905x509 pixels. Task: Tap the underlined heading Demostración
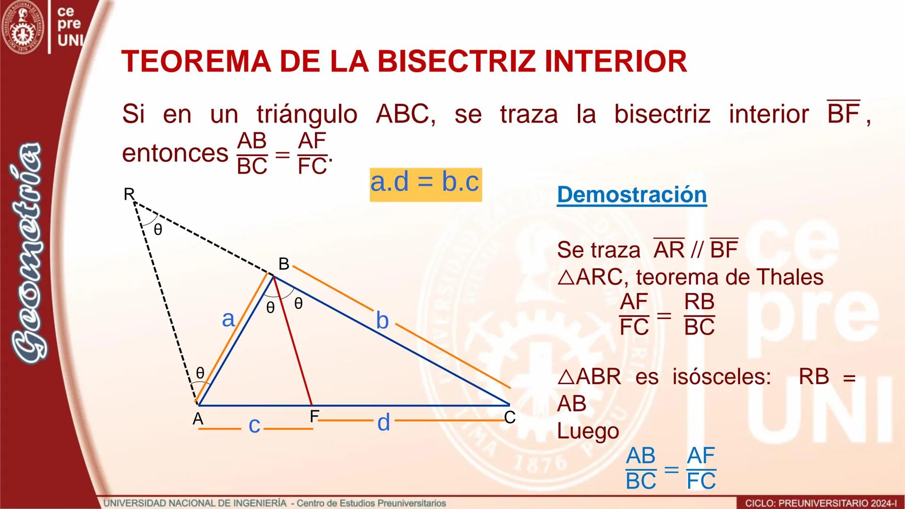point(632,195)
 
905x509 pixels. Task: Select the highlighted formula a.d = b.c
point(425,182)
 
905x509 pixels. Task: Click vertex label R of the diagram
point(129,194)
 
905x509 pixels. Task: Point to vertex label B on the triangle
point(283,264)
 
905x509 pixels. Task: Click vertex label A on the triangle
point(198,419)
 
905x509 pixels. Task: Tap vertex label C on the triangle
point(510,417)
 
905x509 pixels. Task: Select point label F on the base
point(314,417)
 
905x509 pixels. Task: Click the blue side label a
point(228,319)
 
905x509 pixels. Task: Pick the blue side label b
point(382,320)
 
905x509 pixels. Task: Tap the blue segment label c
point(255,425)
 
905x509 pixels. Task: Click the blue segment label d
point(384,422)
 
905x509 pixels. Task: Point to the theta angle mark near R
point(158,230)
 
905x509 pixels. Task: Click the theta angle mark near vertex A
point(200,373)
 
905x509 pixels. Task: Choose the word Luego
point(588,431)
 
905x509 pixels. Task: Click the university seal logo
point(23,27)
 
